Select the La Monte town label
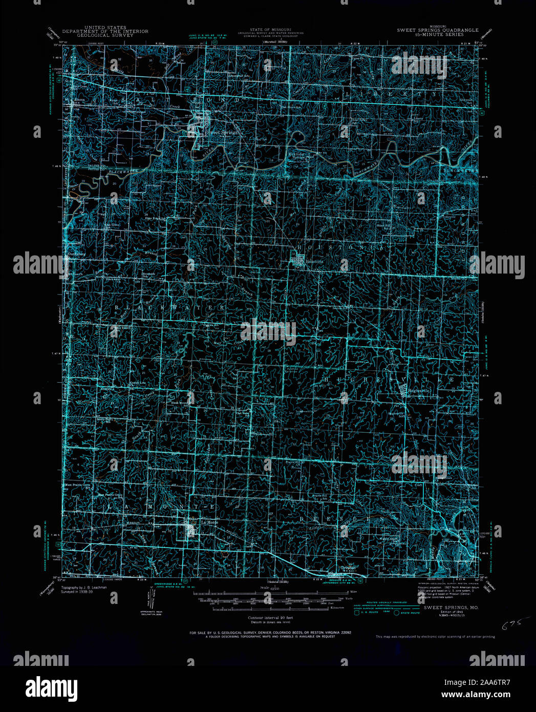(209, 522)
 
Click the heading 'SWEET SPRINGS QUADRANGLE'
(438, 30)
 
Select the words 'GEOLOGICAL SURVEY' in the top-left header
(105, 35)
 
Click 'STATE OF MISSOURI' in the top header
(268, 30)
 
